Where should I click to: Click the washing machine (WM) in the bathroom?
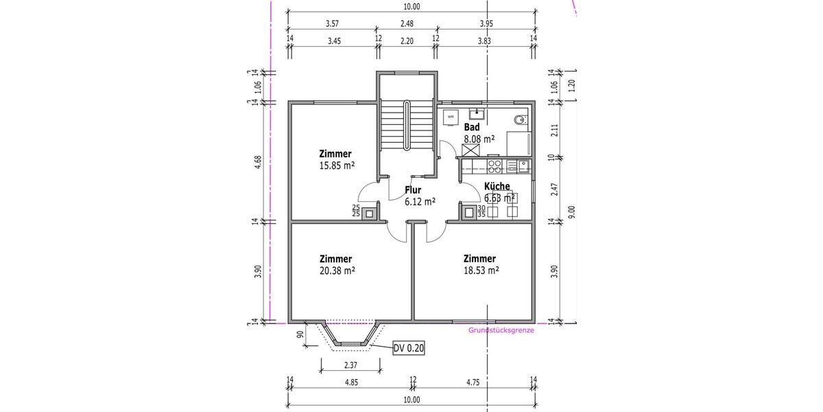(x=451, y=117)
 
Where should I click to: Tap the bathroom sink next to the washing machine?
(x=477, y=114)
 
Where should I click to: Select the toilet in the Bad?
(x=521, y=120)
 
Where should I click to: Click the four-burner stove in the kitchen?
(x=494, y=165)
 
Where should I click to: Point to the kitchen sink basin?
(x=523, y=165)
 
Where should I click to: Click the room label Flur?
(x=413, y=190)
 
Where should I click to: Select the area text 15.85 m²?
(x=336, y=165)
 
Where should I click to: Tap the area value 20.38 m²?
(x=337, y=271)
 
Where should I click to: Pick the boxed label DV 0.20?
(x=409, y=349)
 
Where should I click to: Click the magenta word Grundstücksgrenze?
(x=501, y=330)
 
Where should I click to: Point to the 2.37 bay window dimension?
(x=350, y=364)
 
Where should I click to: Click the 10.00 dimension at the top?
(x=411, y=7)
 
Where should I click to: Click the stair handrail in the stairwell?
(x=407, y=126)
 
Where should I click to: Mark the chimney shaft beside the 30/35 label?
(x=468, y=213)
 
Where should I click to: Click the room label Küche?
(x=497, y=186)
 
